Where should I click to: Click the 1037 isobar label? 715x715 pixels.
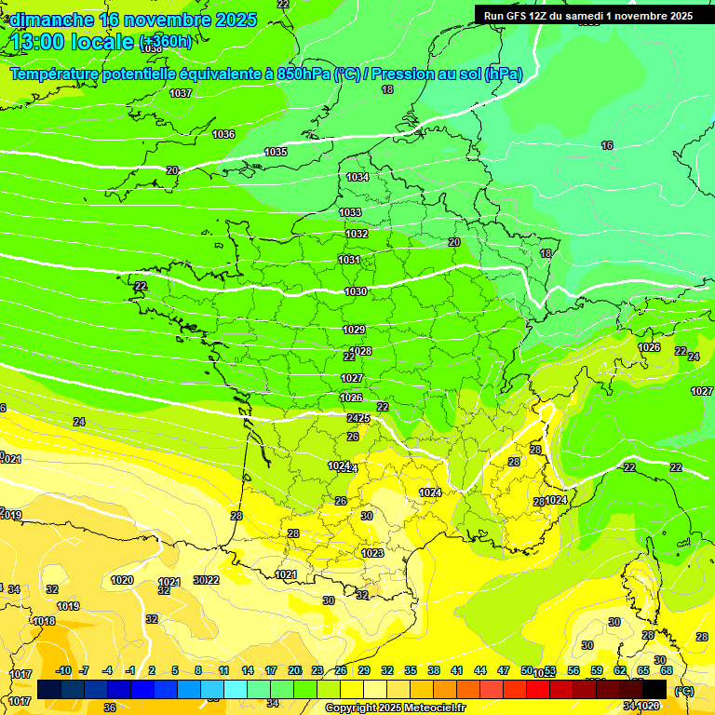pyautogui.click(x=181, y=93)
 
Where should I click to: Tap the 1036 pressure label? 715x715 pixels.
pyautogui.click(x=223, y=134)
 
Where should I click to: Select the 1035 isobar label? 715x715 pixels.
pyautogui.click(x=276, y=152)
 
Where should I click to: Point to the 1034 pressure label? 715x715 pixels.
pyautogui.click(x=357, y=177)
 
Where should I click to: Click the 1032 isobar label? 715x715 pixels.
pyautogui.click(x=356, y=234)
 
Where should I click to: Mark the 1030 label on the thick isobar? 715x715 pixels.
pyautogui.click(x=355, y=291)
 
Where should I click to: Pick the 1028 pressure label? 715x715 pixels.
pyautogui.click(x=361, y=351)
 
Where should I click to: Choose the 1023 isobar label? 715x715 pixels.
pyautogui.click(x=372, y=553)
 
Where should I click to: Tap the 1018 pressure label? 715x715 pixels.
pyautogui.click(x=44, y=621)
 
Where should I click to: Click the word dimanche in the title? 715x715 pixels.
pyautogui.click(x=52, y=20)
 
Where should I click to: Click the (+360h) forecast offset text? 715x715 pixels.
pyautogui.click(x=166, y=42)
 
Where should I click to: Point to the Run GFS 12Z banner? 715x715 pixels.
pyautogui.click(x=587, y=16)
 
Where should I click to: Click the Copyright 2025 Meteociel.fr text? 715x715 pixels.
pyautogui.click(x=395, y=708)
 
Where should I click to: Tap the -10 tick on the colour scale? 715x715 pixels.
pyautogui.click(x=63, y=670)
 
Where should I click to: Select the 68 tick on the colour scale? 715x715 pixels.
pyautogui.click(x=666, y=670)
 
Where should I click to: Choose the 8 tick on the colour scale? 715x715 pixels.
pyautogui.click(x=198, y=670)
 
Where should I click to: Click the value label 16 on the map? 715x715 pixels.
pyautogui.click(x=607, y=145)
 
